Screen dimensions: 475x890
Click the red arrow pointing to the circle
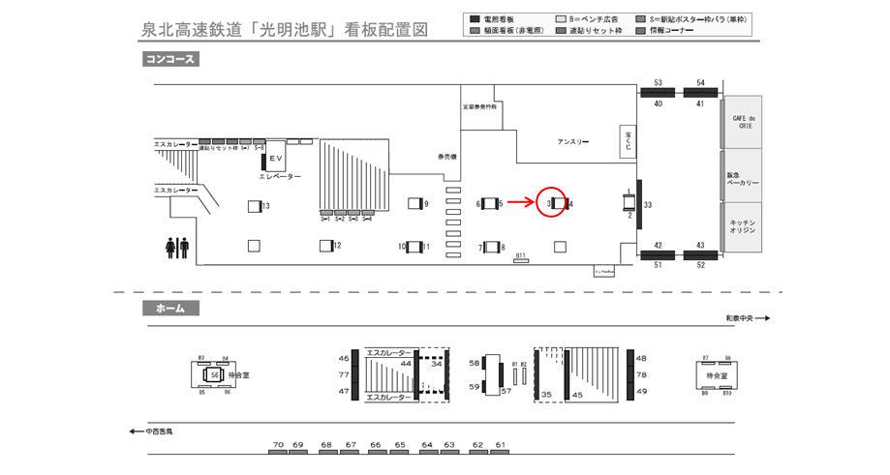point(520,202)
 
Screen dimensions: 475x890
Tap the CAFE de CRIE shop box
point(744,121)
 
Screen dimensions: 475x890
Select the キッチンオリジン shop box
point(744,227)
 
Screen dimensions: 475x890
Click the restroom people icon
point(177,248)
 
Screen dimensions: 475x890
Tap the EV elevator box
point(275,158)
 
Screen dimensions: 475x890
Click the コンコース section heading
point(170,59)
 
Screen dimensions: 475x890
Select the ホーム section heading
point(170,309)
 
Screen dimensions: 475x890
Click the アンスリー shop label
point(572,141)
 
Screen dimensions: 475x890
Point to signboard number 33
point(648,205)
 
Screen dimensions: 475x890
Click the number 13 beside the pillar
point(265,206)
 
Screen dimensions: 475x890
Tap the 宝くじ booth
point(627,141)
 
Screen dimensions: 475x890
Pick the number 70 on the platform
point(278,445)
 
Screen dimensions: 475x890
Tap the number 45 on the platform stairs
point(577,394)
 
